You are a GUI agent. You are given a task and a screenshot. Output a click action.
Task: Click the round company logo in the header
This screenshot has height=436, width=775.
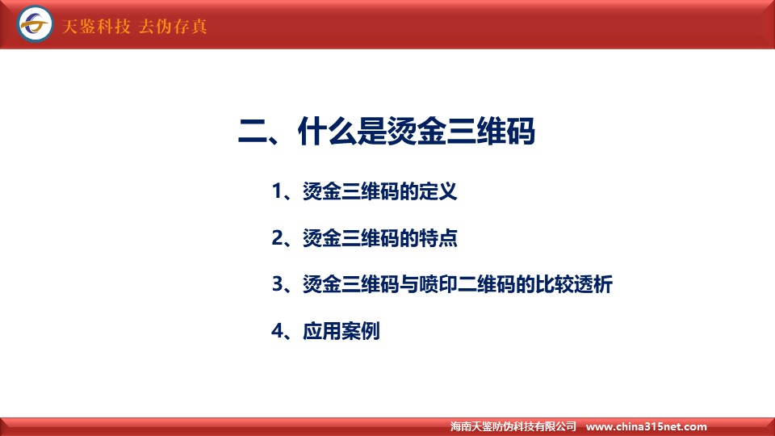tap(35, 23)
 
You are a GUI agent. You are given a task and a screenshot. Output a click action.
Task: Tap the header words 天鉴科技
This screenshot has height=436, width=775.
tap(96, 26)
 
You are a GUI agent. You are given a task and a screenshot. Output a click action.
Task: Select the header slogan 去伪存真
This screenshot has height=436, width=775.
tap(173, 26)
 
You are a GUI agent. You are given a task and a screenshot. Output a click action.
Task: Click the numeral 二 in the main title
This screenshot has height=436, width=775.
tap(253, 132)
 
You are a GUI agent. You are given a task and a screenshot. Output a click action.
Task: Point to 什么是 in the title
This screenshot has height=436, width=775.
tap(342, 132)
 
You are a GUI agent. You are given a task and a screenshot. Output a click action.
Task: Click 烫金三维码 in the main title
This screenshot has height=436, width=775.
tap(461, 132)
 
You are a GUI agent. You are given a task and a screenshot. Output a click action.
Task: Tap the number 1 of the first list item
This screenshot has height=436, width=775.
tap(277, 191)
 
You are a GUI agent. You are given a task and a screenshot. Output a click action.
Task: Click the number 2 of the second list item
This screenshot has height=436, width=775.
tap(277, 237)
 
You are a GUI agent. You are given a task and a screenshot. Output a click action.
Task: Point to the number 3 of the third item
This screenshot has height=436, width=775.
tap(277, 284)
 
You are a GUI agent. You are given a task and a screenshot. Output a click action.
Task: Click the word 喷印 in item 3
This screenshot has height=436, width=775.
tap(438, 284)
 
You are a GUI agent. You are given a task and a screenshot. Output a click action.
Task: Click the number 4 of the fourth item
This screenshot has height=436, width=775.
tap(277, 331)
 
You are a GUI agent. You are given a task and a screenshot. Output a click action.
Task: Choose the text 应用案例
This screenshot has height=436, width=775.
tap(341, 331)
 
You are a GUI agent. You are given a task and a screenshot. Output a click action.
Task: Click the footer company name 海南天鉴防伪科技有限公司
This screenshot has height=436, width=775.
tap(513, 426)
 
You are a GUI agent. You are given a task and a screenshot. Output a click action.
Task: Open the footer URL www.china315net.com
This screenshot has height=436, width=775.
tap(646, 426)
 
